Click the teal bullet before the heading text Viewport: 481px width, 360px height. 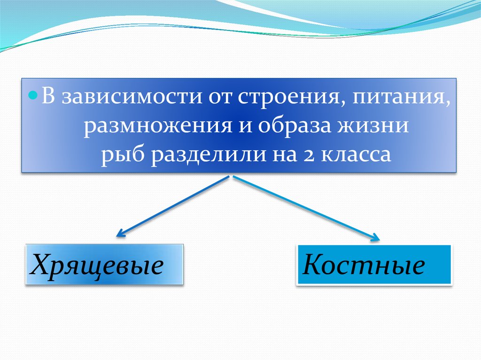coord(33,96)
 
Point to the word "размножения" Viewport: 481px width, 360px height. coord(158,126)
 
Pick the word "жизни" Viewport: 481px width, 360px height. coord(373,125)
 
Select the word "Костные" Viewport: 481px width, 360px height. coord(364,264)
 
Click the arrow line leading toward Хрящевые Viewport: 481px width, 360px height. coord(172,207)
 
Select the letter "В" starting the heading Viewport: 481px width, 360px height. coord(48,96)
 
